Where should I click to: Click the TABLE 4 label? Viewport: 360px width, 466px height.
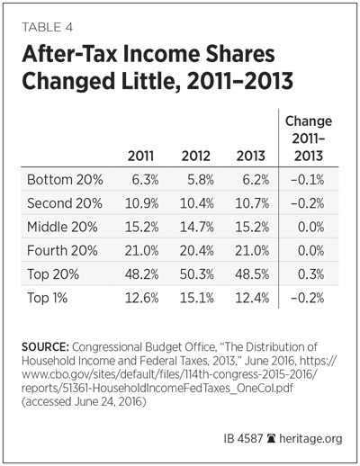coord(48,27)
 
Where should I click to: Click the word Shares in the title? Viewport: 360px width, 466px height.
coord(239,54)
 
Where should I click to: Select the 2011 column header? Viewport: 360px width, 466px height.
coord(140,156)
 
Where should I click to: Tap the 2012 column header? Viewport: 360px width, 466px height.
coord(196,156)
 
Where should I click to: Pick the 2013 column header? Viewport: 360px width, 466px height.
coord(251,156)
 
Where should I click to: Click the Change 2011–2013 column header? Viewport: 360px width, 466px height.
coord(309,139)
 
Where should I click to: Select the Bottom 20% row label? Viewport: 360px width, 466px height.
coord(65,180)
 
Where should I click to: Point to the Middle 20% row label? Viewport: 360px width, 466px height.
coord(62,227)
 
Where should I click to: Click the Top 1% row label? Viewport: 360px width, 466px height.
coord(48,298)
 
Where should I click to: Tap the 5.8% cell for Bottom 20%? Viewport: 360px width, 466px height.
coord(201,180)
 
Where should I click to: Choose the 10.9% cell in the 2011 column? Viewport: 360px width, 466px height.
coord(141,203)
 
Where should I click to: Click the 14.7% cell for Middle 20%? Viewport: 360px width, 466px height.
coord(197,227)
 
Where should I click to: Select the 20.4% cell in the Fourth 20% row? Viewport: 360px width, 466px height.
coord(197,250)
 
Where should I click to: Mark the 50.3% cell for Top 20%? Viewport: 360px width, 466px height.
coord(197,274)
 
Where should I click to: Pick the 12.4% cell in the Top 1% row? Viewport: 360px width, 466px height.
coord(252,298)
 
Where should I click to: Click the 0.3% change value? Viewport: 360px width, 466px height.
coord(311,274)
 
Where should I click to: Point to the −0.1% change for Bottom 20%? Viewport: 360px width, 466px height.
coord(307,180)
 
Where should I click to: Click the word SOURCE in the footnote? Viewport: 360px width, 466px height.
coord(45,347)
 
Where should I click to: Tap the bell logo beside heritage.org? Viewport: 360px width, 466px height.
coord(271,439)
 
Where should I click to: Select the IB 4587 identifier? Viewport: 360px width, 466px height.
coord(243,439)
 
